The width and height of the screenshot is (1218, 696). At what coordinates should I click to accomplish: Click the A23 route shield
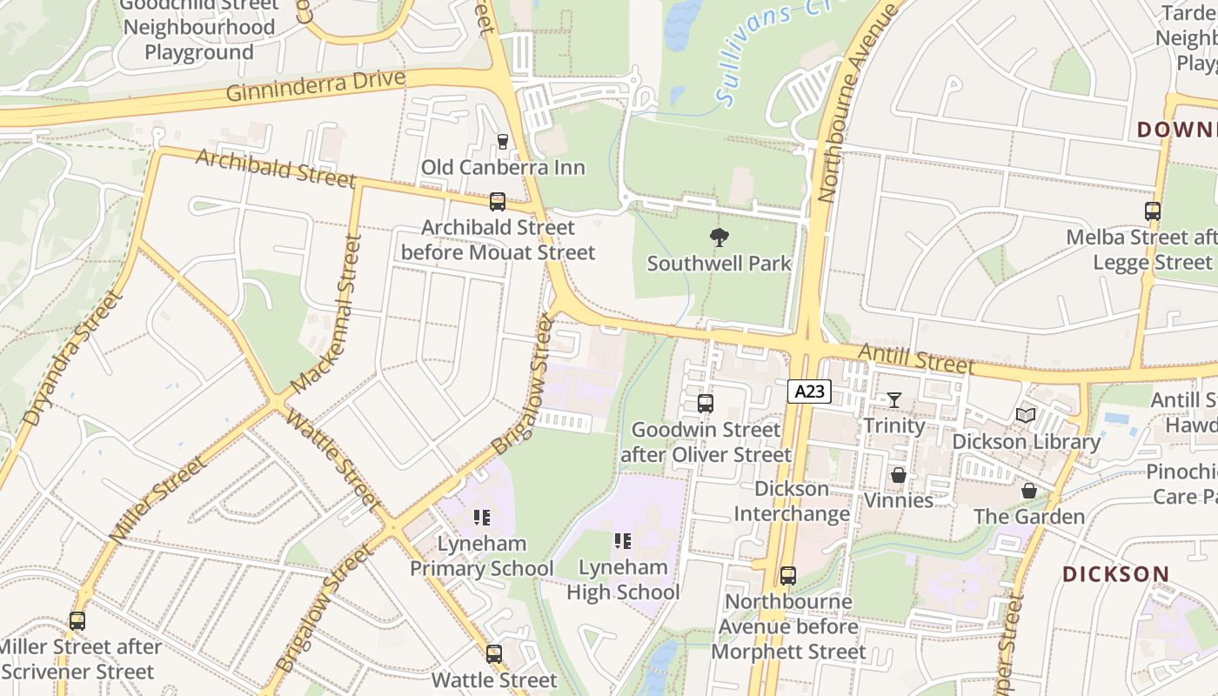point(809,391)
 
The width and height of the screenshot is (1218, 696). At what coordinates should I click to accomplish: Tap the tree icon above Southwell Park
point(719,237)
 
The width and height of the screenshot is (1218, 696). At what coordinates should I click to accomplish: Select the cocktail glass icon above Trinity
point(893,400)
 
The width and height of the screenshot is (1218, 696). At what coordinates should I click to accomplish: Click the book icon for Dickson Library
point(1026,416)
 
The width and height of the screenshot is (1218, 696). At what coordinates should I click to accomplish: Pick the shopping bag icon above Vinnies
point(898,475)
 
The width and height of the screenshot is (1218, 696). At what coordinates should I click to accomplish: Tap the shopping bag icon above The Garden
point(1028,491)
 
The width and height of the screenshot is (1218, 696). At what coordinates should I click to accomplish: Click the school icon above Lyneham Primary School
point(481,518)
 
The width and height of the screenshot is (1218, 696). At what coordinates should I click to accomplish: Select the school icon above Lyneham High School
point(622,541)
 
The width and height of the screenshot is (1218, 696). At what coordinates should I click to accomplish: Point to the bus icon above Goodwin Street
point(705,404)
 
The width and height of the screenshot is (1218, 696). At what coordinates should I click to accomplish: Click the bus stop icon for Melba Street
point(1152,211)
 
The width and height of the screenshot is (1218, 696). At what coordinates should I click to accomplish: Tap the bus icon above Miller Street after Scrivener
point(77,621)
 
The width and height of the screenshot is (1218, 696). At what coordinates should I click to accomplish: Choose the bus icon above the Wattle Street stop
point(493,653)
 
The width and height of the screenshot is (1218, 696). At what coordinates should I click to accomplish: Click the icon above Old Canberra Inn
point(502,141)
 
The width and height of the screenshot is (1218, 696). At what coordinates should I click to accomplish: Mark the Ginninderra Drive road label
point(316,86)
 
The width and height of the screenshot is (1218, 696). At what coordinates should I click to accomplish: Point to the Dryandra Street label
point(71,358)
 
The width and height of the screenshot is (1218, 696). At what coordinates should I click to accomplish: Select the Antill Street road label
point(916,358)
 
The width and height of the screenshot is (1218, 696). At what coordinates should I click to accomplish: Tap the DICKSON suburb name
point(1115,574)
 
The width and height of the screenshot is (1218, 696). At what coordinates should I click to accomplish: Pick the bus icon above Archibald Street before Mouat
point(497,202)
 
